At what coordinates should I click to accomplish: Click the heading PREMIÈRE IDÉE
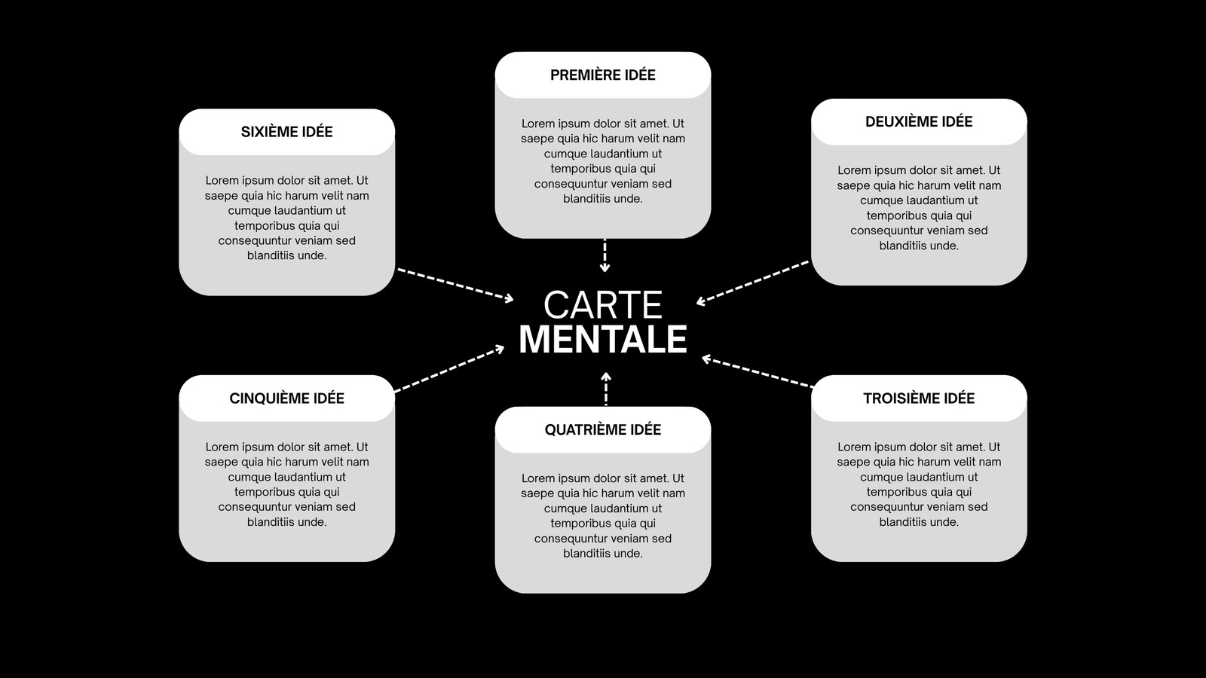click(602, 75)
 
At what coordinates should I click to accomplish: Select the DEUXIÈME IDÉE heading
click(919, 121)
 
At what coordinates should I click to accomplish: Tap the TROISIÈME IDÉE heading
click(919, 399)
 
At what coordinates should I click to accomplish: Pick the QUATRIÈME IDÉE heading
click(602, 429)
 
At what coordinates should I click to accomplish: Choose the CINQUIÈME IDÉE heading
click(286, 399)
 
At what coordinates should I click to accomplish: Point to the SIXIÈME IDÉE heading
click(286, 132)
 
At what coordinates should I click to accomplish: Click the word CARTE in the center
click(602, 305)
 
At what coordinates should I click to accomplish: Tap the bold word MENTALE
click(602, 339)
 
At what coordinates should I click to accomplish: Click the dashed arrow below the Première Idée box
click(605, 255)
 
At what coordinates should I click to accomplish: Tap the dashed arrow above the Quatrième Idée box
click(606, 389)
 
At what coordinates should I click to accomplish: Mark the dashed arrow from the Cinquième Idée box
click(449, 368)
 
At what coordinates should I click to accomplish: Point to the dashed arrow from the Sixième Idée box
click(455, 286)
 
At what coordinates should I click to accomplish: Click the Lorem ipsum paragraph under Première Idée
click(602, 161)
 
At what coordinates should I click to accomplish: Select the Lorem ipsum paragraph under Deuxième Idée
click(919, 208)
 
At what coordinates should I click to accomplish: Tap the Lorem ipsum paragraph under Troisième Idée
click(919, 484)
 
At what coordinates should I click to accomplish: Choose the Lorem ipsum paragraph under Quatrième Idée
click(602, 515)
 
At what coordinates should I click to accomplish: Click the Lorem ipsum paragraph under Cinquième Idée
click(286, 484)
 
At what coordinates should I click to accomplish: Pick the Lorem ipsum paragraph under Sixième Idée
click(286, 218)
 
